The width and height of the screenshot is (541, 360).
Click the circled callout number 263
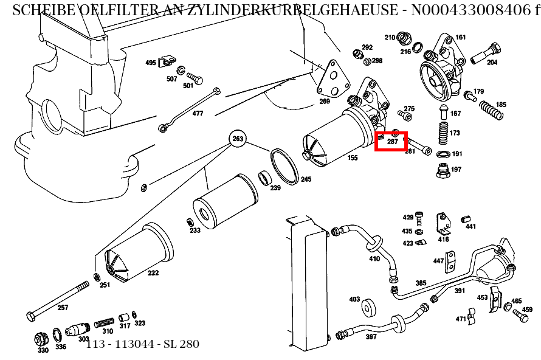238,139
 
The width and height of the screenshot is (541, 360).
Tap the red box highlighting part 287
391,140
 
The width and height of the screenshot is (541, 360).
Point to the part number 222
153,273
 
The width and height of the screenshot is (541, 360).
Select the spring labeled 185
491,112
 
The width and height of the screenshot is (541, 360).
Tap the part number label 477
198,114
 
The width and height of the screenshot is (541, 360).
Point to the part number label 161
460,38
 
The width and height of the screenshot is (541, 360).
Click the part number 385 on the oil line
421,283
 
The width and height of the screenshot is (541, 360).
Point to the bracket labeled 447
450,262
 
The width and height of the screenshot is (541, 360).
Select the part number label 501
188,86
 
